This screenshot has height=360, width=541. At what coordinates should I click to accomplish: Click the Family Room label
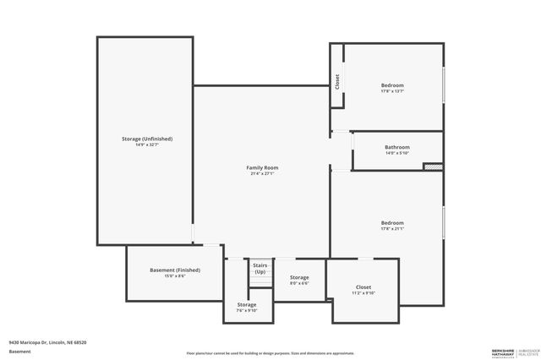[x=262, y=167]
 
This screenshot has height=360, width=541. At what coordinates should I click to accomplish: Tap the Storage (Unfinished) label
[x=147, y=139]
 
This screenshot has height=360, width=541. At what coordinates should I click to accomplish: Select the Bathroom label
[x=396, y=147]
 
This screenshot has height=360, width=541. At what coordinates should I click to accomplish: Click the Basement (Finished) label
[x=175, y=270]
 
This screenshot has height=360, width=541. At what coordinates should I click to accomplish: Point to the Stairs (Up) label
[x=260, y=268]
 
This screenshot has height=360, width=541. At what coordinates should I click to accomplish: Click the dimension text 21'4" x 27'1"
[x=262, y=174]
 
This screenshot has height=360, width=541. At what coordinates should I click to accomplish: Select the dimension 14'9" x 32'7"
[x=147, y=145]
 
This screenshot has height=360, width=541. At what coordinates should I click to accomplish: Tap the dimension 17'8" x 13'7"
[x=392, y=91]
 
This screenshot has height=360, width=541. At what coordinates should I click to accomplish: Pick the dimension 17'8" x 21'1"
[x=392, y=229]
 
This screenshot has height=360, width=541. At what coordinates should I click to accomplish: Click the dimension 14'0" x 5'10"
[x=396, y=154]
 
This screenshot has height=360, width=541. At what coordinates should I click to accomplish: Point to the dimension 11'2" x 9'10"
[x=363, y=293]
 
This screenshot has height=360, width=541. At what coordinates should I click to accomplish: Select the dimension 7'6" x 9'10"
[x=246, y=311]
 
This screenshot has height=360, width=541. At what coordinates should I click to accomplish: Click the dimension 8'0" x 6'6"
[x=299, y=284]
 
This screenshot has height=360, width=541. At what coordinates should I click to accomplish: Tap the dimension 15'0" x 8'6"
[x=175, y=276]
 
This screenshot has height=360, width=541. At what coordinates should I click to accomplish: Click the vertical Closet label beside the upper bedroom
[x=337, y=83]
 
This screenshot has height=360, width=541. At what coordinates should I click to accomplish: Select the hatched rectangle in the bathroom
[x=433, y=166]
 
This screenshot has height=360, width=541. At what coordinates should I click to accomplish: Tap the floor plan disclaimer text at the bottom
[x=270, y=352]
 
